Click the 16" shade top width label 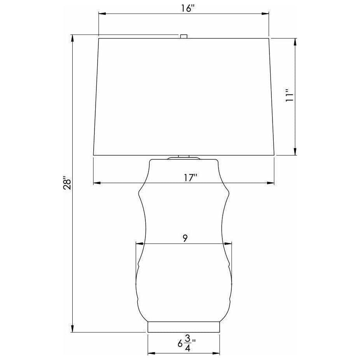[188, 9]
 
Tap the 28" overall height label [68, 183]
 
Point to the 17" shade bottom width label [191, 178]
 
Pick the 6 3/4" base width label [187, 343]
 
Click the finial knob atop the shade [183, 36]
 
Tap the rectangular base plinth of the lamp [183, 327]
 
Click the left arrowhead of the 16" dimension [102, 14]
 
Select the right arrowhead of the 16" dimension [266, 14]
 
